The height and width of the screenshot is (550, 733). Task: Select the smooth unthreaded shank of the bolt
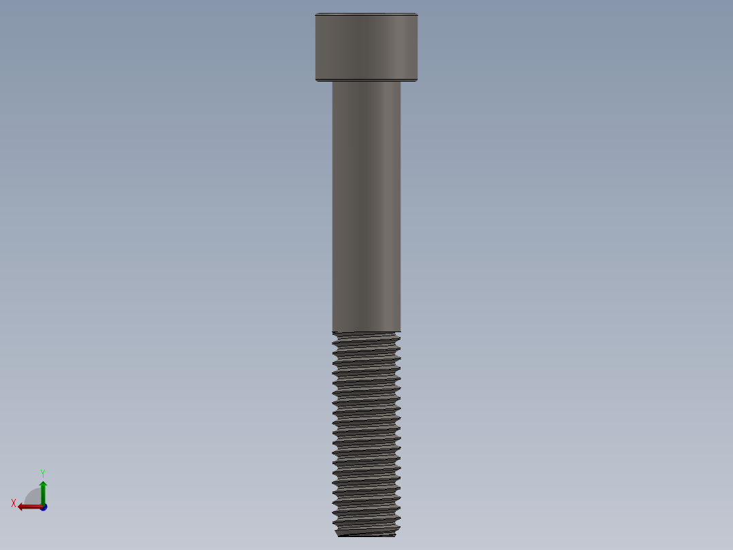tap(366, 204)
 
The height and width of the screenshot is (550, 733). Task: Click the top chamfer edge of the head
tap(366, 14)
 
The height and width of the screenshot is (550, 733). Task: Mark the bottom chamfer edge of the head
tap(366, 80)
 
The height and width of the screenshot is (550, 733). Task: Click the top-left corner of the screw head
tap(316, 14)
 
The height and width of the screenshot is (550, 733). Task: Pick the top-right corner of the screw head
tap(416, 14)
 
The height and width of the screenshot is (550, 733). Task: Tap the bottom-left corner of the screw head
tap(316, 80)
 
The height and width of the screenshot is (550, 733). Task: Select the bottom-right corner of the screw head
tap(416, 80)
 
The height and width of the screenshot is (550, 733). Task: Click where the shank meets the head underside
tap(366, 82)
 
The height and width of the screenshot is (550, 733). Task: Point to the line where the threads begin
tap(366, 332)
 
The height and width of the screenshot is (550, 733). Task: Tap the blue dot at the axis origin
tap(44, 507)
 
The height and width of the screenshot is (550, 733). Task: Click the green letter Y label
tap(42, 473)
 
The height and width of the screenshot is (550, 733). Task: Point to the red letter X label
tap(14, 504)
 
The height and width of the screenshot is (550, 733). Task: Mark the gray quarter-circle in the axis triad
tap(34, 498)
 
